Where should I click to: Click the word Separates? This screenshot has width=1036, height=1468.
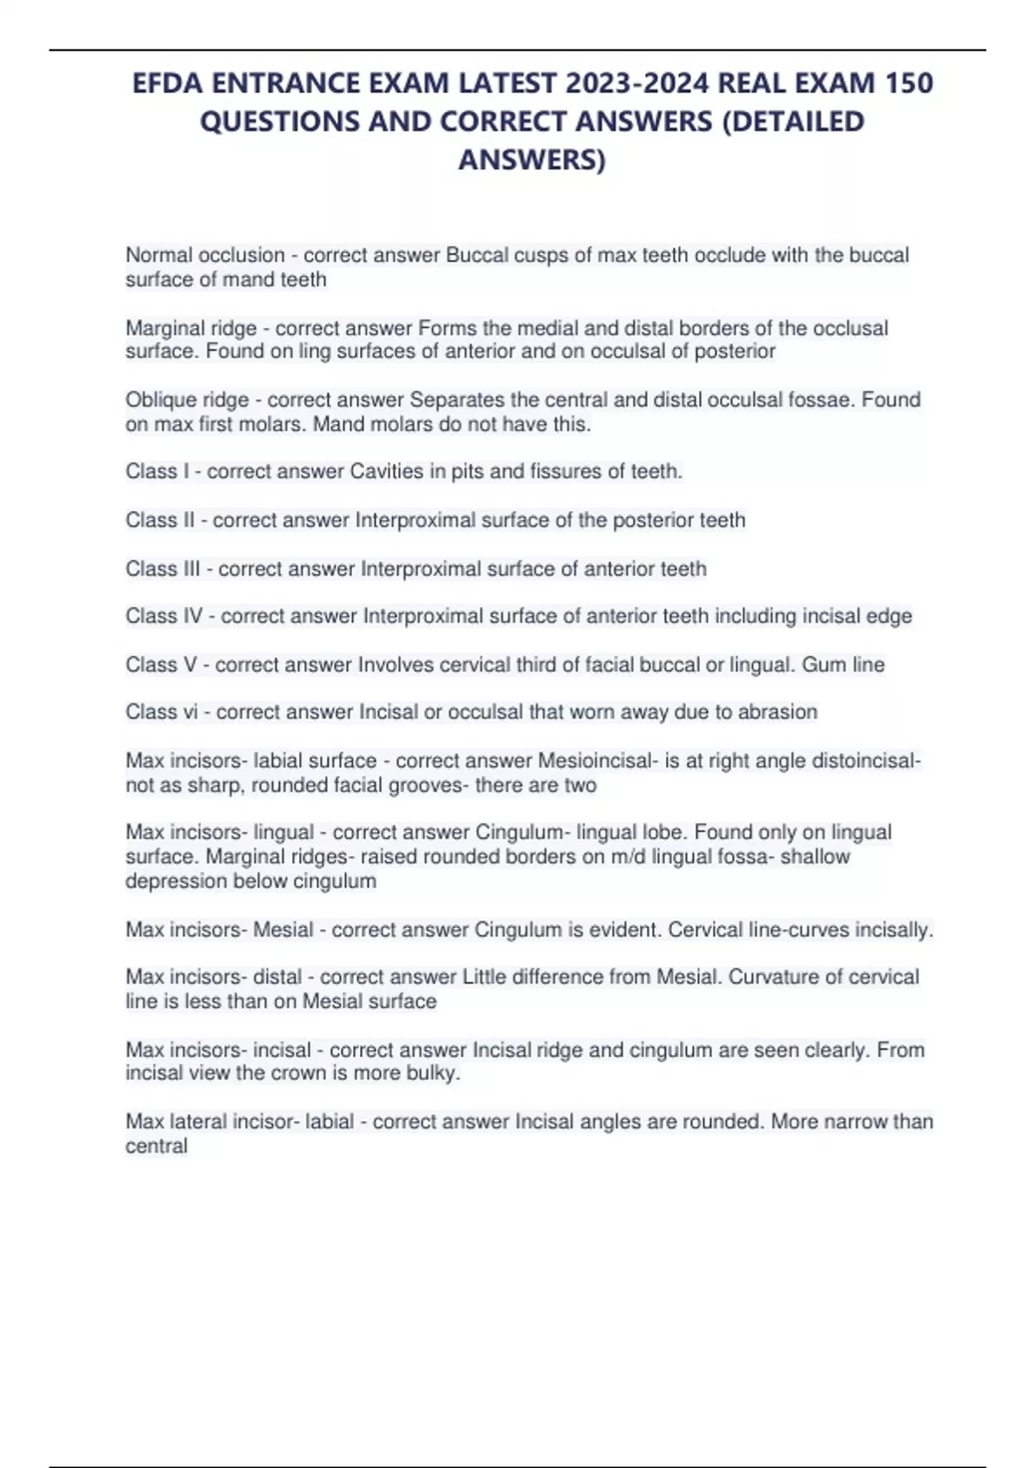point(454,400)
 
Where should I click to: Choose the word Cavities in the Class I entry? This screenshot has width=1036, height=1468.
point(386,471)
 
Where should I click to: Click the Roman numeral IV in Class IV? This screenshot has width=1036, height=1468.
point(193,616)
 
